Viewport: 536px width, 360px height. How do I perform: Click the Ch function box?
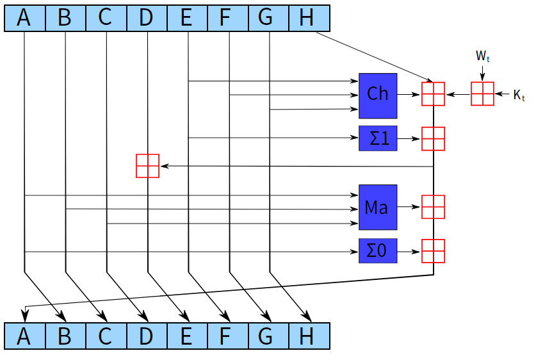coord(378,95)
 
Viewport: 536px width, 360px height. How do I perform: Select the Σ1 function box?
coord(378,138)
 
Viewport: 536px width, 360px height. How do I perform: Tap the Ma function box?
coord(378,207)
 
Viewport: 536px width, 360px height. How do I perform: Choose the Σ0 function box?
coord(378,251)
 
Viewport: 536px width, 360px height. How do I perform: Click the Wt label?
coord(483,56)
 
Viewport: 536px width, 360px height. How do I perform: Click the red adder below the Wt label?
coord(482,94)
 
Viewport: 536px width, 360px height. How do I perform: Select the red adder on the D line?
coord(147,166)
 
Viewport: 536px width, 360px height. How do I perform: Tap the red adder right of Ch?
coord(433,94)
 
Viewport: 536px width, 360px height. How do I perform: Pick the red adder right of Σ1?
coord(433,138)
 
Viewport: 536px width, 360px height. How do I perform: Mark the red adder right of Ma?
coord(433,207)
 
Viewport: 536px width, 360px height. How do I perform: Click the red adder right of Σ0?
coord(433,250)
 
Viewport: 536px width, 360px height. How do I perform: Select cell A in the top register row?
coord(24,17)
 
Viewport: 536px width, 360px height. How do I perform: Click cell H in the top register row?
coord(309,17)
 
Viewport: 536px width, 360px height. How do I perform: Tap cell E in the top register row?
coord(187,17)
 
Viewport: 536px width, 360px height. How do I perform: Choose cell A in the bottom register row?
coord(24,336)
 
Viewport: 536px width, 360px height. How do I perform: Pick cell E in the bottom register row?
coord(187,336)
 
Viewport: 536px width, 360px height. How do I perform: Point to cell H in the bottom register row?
coord(309,336)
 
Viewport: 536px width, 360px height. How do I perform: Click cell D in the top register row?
coord(147,17)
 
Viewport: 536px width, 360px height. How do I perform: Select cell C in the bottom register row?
coord(106,336)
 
